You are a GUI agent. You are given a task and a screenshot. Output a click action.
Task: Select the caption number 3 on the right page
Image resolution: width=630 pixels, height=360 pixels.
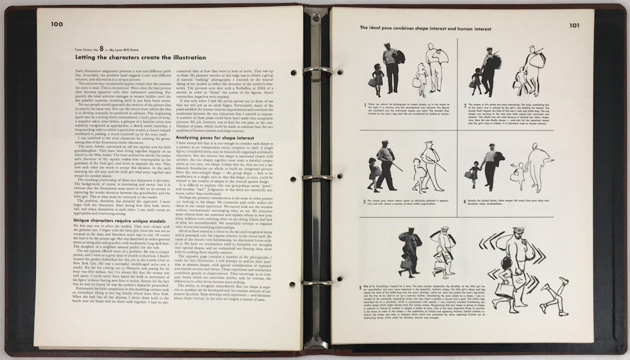[365, 201]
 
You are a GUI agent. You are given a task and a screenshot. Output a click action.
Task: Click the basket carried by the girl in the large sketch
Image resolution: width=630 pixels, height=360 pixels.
[504, 289]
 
